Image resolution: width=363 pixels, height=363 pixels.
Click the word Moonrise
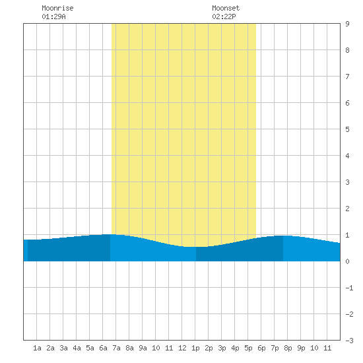coord(57,8)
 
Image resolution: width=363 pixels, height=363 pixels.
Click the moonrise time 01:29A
coord(53,16)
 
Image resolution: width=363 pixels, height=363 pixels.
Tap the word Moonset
coord(226,8)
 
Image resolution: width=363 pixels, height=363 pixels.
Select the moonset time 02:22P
coord(224,16)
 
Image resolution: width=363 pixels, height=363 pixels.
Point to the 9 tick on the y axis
coord(347,24)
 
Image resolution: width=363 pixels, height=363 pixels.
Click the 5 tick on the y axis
coord(347,129)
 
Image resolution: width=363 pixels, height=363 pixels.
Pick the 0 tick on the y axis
coord(347,261)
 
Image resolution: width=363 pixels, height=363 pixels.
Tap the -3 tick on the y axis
coord(349,341)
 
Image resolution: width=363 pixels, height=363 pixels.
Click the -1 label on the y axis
coord(349,288)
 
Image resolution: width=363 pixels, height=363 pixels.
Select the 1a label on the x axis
coord(37,348)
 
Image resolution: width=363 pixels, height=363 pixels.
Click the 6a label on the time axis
coord(103,348)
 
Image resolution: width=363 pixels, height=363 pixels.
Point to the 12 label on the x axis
coord(182,348)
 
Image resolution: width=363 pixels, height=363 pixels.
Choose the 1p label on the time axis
coord(195,348)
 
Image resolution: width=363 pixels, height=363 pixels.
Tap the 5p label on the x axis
coord(248,348)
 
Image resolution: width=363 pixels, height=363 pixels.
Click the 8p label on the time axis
coord(288,348)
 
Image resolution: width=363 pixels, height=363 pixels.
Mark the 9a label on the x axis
coord(143,348)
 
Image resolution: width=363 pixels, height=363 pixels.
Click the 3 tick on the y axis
coord(347,182)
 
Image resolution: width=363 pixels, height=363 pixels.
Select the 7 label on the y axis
coord(347,77)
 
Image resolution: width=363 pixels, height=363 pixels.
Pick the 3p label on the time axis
coord(222,348)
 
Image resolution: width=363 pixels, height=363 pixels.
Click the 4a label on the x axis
coord(77,348)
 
